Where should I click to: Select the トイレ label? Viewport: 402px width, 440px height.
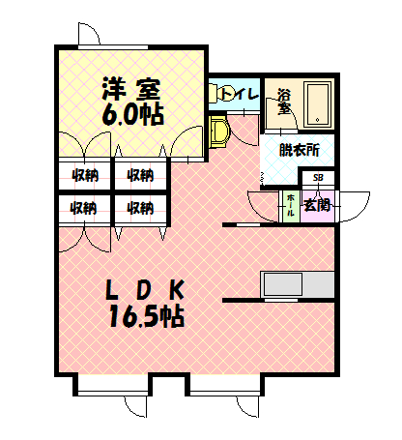(239, 94)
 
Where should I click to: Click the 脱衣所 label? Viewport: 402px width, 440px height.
(298, 150)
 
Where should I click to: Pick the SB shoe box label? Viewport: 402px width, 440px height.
(318, 178)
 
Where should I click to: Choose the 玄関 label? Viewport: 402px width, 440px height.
(316, 205)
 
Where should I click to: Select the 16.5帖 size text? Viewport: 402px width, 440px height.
(145, 316)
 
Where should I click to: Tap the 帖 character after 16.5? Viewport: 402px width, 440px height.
(174, 316)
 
